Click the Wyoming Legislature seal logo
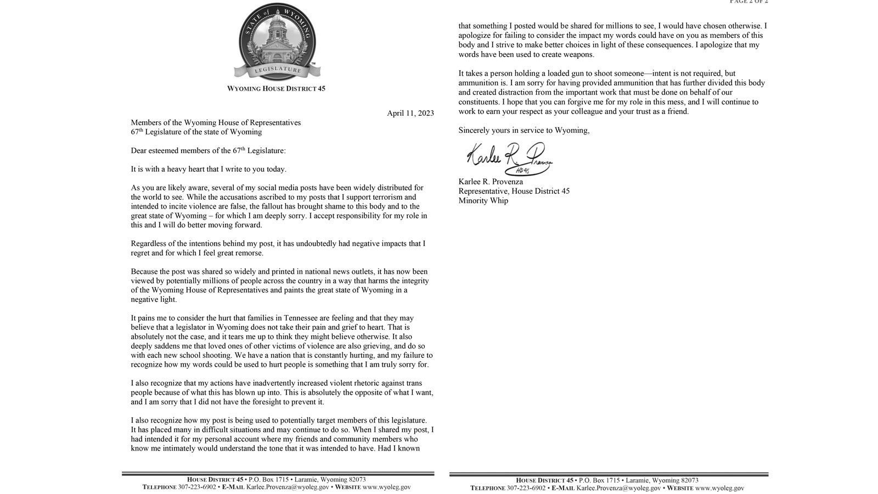tap(277, 42)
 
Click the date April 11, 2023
tap(410, 113)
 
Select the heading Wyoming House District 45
tap(276, 88)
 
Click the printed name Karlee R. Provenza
tap(491, 182)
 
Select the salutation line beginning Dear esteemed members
tap(208, 150)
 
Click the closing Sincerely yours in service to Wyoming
tap(524, 130)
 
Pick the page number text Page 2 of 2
tap(748, 2)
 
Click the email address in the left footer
tap(288, 487)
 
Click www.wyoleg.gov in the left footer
tap(386, 487)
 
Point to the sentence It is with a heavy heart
tap(209, 169)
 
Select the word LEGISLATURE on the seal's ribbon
tap(278, 70)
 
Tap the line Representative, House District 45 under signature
tap(514, 191)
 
